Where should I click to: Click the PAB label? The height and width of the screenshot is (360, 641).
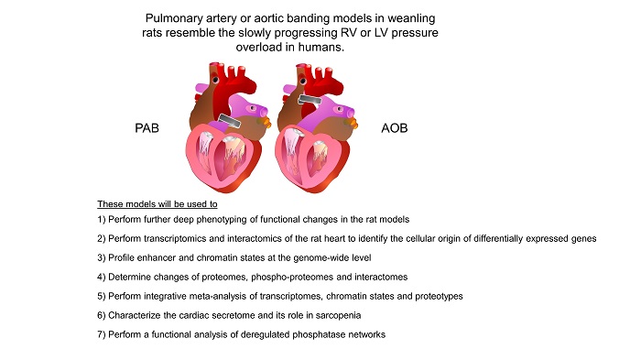click(x=147, y=128)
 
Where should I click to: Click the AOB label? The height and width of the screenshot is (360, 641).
click(x=395, y=128)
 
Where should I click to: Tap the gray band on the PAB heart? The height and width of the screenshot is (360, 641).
click(x=230, y=120)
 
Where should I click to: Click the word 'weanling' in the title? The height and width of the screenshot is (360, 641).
click(x=411, y=18)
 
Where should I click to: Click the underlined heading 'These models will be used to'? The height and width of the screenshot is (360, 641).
click(x=158, y=203)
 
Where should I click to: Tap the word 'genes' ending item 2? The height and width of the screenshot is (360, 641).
click(x=584, y=238)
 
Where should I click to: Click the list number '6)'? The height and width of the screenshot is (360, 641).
click(x=102, y=315)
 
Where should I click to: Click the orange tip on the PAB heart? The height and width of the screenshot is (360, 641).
click(x=266, y=122)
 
